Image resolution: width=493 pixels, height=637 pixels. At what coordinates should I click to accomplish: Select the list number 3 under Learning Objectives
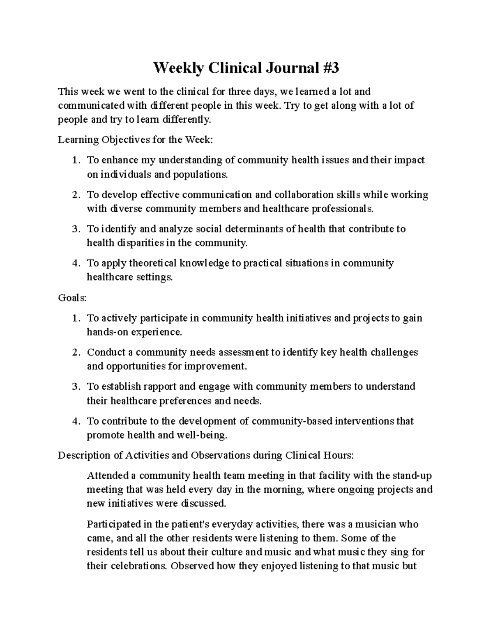[75, 229]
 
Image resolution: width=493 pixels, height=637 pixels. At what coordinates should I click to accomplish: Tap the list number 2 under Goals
[75, 352]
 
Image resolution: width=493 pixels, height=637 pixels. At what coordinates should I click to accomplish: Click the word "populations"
[199, 174]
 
